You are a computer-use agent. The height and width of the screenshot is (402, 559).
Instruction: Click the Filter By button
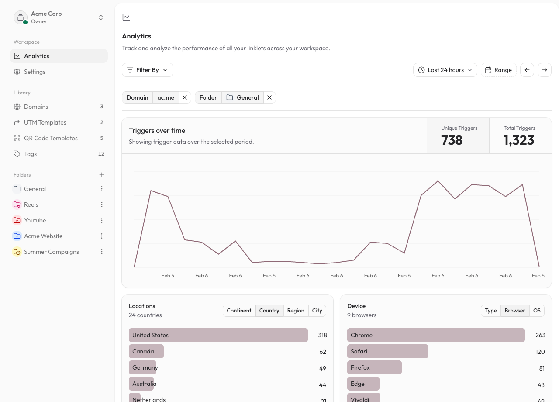click(x=148, y=70)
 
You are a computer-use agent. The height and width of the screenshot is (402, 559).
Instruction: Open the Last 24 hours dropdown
click(x=445, y=70)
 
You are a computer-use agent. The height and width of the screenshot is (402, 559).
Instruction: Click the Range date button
click(x=499, y=70)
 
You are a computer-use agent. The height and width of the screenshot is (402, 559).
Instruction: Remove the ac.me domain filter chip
click(x=185, y=97)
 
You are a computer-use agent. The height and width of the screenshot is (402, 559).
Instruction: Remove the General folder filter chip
click(x=269, y=97)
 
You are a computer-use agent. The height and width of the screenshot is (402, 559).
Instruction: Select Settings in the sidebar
click(x=35, y=72)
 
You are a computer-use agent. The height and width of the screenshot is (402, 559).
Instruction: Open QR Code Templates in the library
click(x=51, y=138)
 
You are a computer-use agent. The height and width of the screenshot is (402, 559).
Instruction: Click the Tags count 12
click(x=101, y=154)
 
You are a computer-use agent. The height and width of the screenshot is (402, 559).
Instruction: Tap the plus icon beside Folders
click(x=102, y=175)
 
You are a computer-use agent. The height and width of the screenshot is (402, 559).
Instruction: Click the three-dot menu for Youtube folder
click(x=102, y=220)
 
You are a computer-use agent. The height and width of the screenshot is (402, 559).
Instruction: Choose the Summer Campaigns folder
click(x=51, y=252)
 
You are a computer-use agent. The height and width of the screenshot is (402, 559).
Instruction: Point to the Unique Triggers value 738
click(x=452, y=140)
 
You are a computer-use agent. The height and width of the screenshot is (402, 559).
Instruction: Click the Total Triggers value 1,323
click(x=519, y=140)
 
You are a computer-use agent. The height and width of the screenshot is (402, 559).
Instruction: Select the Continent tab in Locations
click(x=239, y=311)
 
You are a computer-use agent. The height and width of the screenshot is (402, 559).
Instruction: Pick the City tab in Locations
click(x=317, y=311)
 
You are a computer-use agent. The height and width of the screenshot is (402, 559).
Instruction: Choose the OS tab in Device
click(x=537, y=311)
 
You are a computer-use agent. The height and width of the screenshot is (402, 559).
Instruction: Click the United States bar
click(x=218, y=335)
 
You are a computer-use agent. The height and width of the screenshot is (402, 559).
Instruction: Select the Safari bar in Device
click(x=387, y=351)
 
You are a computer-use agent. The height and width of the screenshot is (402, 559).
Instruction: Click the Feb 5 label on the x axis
click(x=168, y=276)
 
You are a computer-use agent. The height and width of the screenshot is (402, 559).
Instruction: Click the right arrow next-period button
click(x=545, y=70)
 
